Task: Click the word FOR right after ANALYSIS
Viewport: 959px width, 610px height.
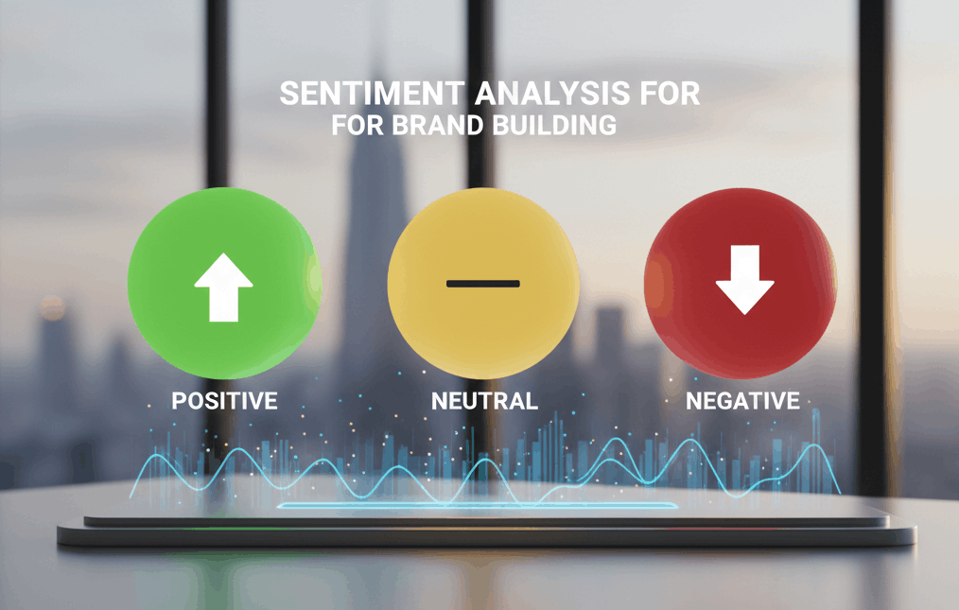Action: [x=666, y=95]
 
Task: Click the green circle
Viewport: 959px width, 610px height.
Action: [x=224, y=283]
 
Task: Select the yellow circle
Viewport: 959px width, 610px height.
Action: [x=483, y=283]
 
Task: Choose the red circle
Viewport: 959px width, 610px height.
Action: [x=741, y=281]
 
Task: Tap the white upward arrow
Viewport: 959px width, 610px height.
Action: [x=224, y=286]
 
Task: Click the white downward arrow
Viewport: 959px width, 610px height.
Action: [x=745, y=279]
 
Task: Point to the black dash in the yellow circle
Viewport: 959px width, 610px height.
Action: [x=483, y=284]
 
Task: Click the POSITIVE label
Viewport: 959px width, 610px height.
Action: [x=224, y=401]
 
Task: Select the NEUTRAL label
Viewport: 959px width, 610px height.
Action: [x=484, y=401]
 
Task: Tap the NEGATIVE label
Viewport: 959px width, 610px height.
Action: [x=742, y=401]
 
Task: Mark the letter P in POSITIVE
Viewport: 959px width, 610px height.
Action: [x=178, y=401]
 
